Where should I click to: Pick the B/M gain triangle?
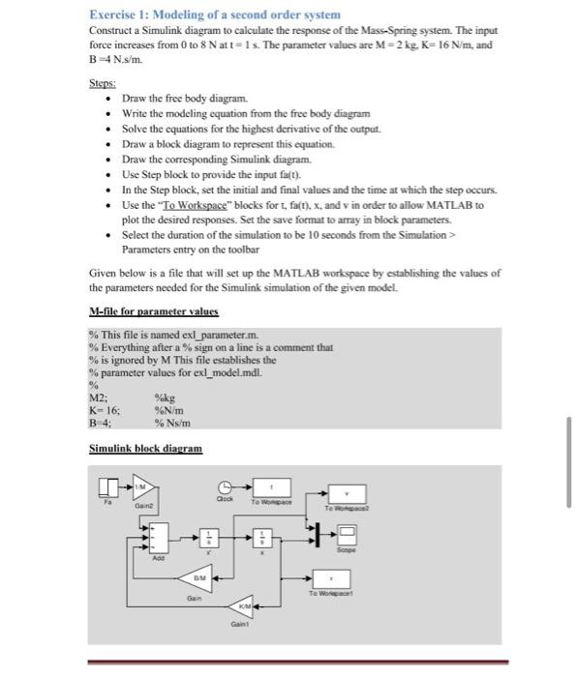point(199,576)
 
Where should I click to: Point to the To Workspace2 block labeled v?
point(348,493)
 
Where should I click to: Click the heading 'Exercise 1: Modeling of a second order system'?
point(215,15)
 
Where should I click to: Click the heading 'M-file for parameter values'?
point(153,311)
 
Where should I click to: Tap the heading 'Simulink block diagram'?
point(145,450)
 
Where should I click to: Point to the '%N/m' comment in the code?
point(170,410)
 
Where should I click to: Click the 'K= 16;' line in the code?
point(104,410)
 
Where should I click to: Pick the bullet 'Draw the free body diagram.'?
point(185,100)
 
